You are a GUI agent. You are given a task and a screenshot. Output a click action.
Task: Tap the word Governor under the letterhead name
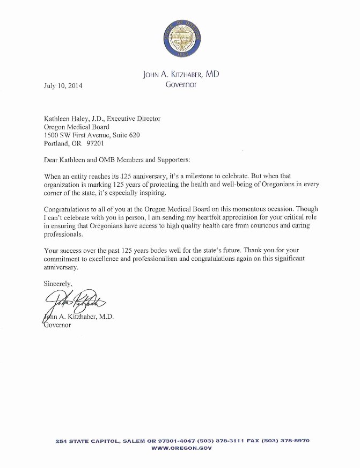181,84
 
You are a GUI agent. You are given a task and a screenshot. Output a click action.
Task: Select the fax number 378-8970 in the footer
292,441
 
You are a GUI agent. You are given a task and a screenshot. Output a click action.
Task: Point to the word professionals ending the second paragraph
63,235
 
